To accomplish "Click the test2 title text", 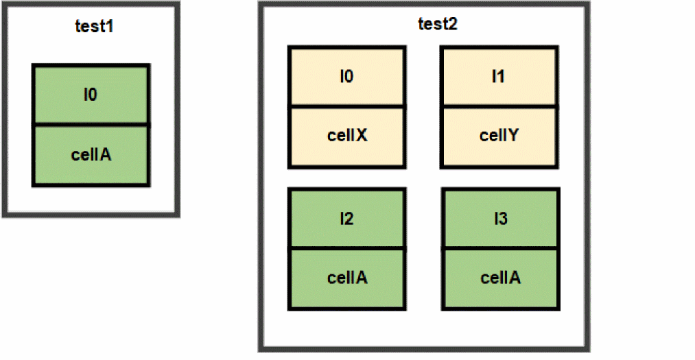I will click(438, 24).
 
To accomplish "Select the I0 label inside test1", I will click(90, 94).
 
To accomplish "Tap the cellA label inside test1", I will click(91, 154).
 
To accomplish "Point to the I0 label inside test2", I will click(346, 76).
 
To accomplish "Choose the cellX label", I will click(346, 136).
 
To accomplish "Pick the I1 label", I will click(498, 76).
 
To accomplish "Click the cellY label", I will click(498, 136).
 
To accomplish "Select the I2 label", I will click(346, 219).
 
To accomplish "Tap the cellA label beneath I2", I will click(346, 278).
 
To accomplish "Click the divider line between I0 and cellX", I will click(346, 106).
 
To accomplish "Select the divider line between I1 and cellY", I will click(498, 106).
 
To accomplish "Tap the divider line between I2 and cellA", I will click(346, 249).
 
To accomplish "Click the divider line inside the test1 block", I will click(91, 125).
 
